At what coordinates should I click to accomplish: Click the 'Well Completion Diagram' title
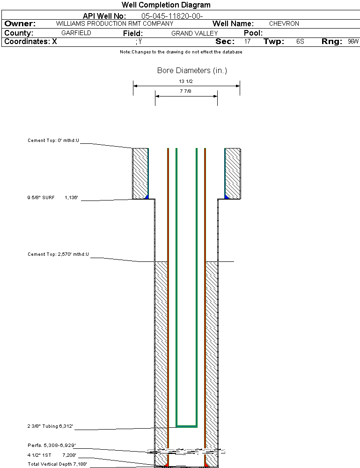coord(166,5)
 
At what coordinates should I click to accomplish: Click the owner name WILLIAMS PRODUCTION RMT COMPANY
coord(114,23)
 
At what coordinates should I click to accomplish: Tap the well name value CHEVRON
coord(284,23)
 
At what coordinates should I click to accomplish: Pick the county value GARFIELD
coord(76,33)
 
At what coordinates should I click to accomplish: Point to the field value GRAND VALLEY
coord(194,33)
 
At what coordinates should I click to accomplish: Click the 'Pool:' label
coord(253,33)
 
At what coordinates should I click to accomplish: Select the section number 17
coord(247,42)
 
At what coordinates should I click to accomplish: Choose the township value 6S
coord(300,42)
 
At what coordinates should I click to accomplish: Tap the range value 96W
coord(353,42)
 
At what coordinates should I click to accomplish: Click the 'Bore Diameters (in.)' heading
coord(192,71)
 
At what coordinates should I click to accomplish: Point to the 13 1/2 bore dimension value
coord(186,82)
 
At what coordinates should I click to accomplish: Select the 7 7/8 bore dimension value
coord(186,91)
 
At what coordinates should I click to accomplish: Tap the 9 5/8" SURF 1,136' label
coord(52,198)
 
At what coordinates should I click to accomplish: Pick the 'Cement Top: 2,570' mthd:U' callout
coord(58,254)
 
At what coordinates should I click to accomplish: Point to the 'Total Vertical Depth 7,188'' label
coord(57,464)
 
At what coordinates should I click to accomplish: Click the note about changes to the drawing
coord(181,52)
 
